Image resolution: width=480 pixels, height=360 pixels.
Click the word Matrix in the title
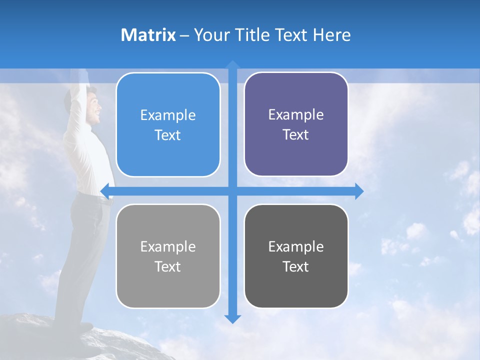click(x=148, y=35)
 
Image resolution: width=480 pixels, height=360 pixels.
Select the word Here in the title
click(x=331, y=35)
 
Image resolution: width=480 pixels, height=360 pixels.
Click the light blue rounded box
click(x=168, y=125)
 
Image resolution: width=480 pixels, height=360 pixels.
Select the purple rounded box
click(x=296, y=124)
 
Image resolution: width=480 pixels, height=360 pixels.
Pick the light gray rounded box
click(x=168, y=256)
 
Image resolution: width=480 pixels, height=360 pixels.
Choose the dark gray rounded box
click(x=296, y=256)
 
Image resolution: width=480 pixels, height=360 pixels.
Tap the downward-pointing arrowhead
click(x=232, y=318)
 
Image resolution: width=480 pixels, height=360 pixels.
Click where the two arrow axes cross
click(x=232, y=191)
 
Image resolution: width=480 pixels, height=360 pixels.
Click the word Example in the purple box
click(x=296, y=115)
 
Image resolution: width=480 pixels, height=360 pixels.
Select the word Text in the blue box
click(x=168, y=135)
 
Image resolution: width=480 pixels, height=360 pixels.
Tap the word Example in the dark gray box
click(x=296, y=246)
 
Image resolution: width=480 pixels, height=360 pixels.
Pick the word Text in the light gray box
click(x=168, y=267)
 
